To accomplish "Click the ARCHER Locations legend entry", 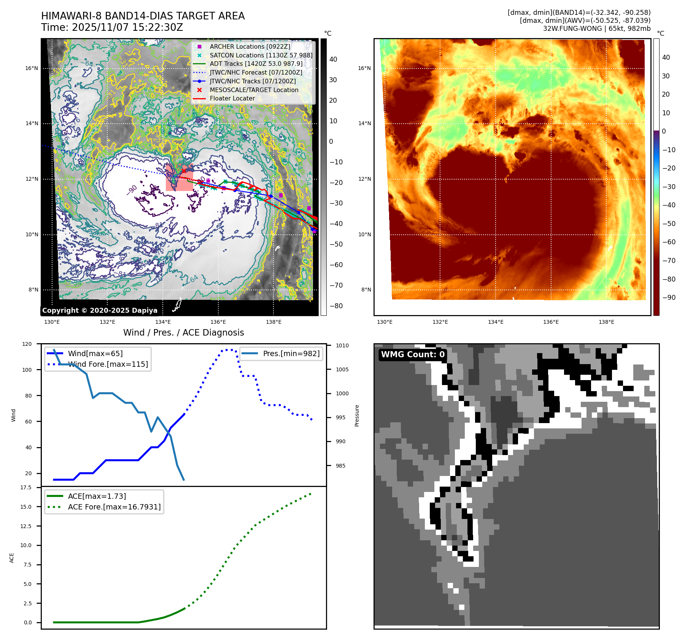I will click(x=250, y=46).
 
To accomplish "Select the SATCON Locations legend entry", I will click(x=261, y=55).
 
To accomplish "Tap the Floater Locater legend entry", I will click(x=232, y=98).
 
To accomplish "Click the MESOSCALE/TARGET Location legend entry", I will click(x=254, y=90).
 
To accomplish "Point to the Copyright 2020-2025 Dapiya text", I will click(x=100, y=310).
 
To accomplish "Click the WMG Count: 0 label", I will click(x=413, y=355).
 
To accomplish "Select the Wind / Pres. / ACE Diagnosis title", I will click(x=183, y=333).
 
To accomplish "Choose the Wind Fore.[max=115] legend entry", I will click(x=108, y=364).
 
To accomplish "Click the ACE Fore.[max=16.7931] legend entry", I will click(x=114, y=507).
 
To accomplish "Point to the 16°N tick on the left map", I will click(x=32, y=68).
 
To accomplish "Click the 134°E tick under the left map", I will click(x=163, y=322).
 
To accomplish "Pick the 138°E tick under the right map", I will click(x=606, y=322).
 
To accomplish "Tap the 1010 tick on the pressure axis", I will click(x=342, y=345).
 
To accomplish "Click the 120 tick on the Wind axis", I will click(x=27, y=344).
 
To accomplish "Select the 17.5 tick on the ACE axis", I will click(x=26, y=487).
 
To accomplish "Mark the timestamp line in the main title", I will click(x=112, y=27).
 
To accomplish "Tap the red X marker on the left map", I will click(x=184, y=171).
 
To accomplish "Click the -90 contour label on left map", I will click(x=132, y=190).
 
